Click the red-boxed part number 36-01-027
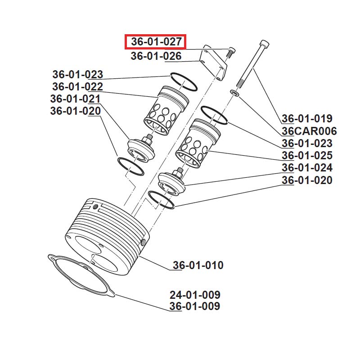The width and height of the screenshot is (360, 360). pos(156,42)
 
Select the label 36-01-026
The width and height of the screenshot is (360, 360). pos(156,56)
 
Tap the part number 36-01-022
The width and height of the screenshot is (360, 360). pos(77,86)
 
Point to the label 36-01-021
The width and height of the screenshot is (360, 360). pos(75,99)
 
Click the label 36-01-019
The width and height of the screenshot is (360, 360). pos(307,119)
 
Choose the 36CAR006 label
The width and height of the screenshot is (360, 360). pos(309,131)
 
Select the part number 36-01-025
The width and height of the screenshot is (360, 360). pos(307,156)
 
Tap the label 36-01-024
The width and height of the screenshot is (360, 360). pos(307,168)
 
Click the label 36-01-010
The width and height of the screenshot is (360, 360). pos(198,265)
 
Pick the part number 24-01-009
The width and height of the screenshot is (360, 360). pos(195,295)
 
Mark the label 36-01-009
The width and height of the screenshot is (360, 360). pos(195,306)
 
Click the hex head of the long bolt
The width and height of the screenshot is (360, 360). pos(264,45)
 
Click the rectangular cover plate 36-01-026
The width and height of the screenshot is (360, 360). pos(212,63)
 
